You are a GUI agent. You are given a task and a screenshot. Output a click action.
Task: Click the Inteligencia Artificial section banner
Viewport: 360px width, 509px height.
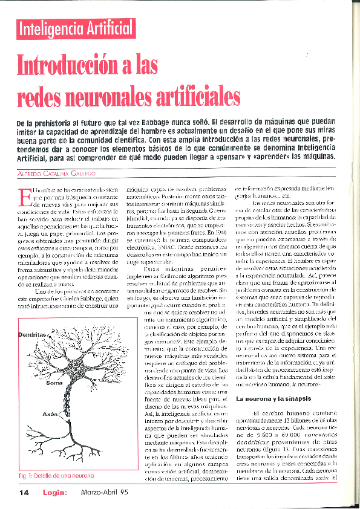pyautogui.click(x=76, y=27)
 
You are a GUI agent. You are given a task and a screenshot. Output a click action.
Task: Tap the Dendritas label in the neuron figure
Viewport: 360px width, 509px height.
pyautogui.click(x=32, y=334)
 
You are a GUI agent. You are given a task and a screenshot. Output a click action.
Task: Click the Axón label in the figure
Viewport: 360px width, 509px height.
pyautogui.click(x=50, y=415)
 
